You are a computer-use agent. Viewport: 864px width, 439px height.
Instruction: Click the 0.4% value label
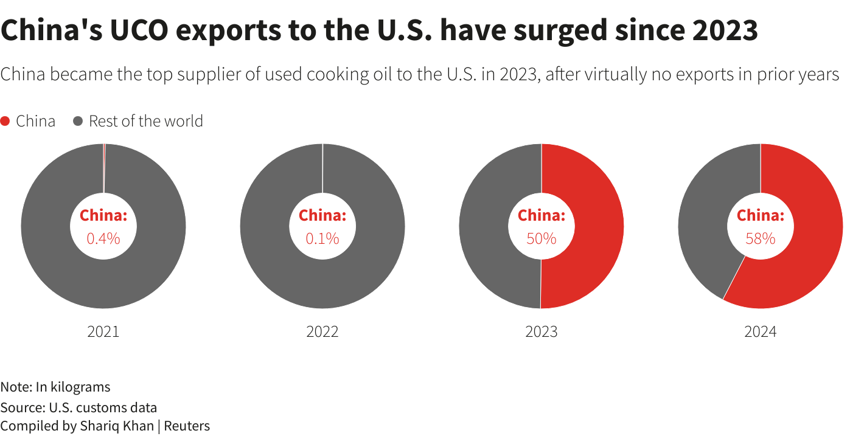tap(103, 238)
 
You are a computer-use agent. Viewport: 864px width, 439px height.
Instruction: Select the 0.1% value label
tap(322, 238)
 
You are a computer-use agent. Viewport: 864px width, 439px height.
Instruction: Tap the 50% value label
tap(542, 238)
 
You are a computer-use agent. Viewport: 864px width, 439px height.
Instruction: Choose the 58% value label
tap(761, 238)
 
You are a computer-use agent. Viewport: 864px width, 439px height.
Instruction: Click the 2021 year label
tap(103, 331)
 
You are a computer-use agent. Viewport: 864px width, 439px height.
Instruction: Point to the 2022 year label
tap(322, 331)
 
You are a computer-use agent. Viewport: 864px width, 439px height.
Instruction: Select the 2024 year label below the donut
tap(761, 331)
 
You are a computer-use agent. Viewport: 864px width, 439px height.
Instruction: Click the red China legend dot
tap(5, 121)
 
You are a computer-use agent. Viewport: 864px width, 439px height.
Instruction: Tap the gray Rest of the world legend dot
tap(78, 121)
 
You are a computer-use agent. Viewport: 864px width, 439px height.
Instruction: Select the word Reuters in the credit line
tap(187, 426)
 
